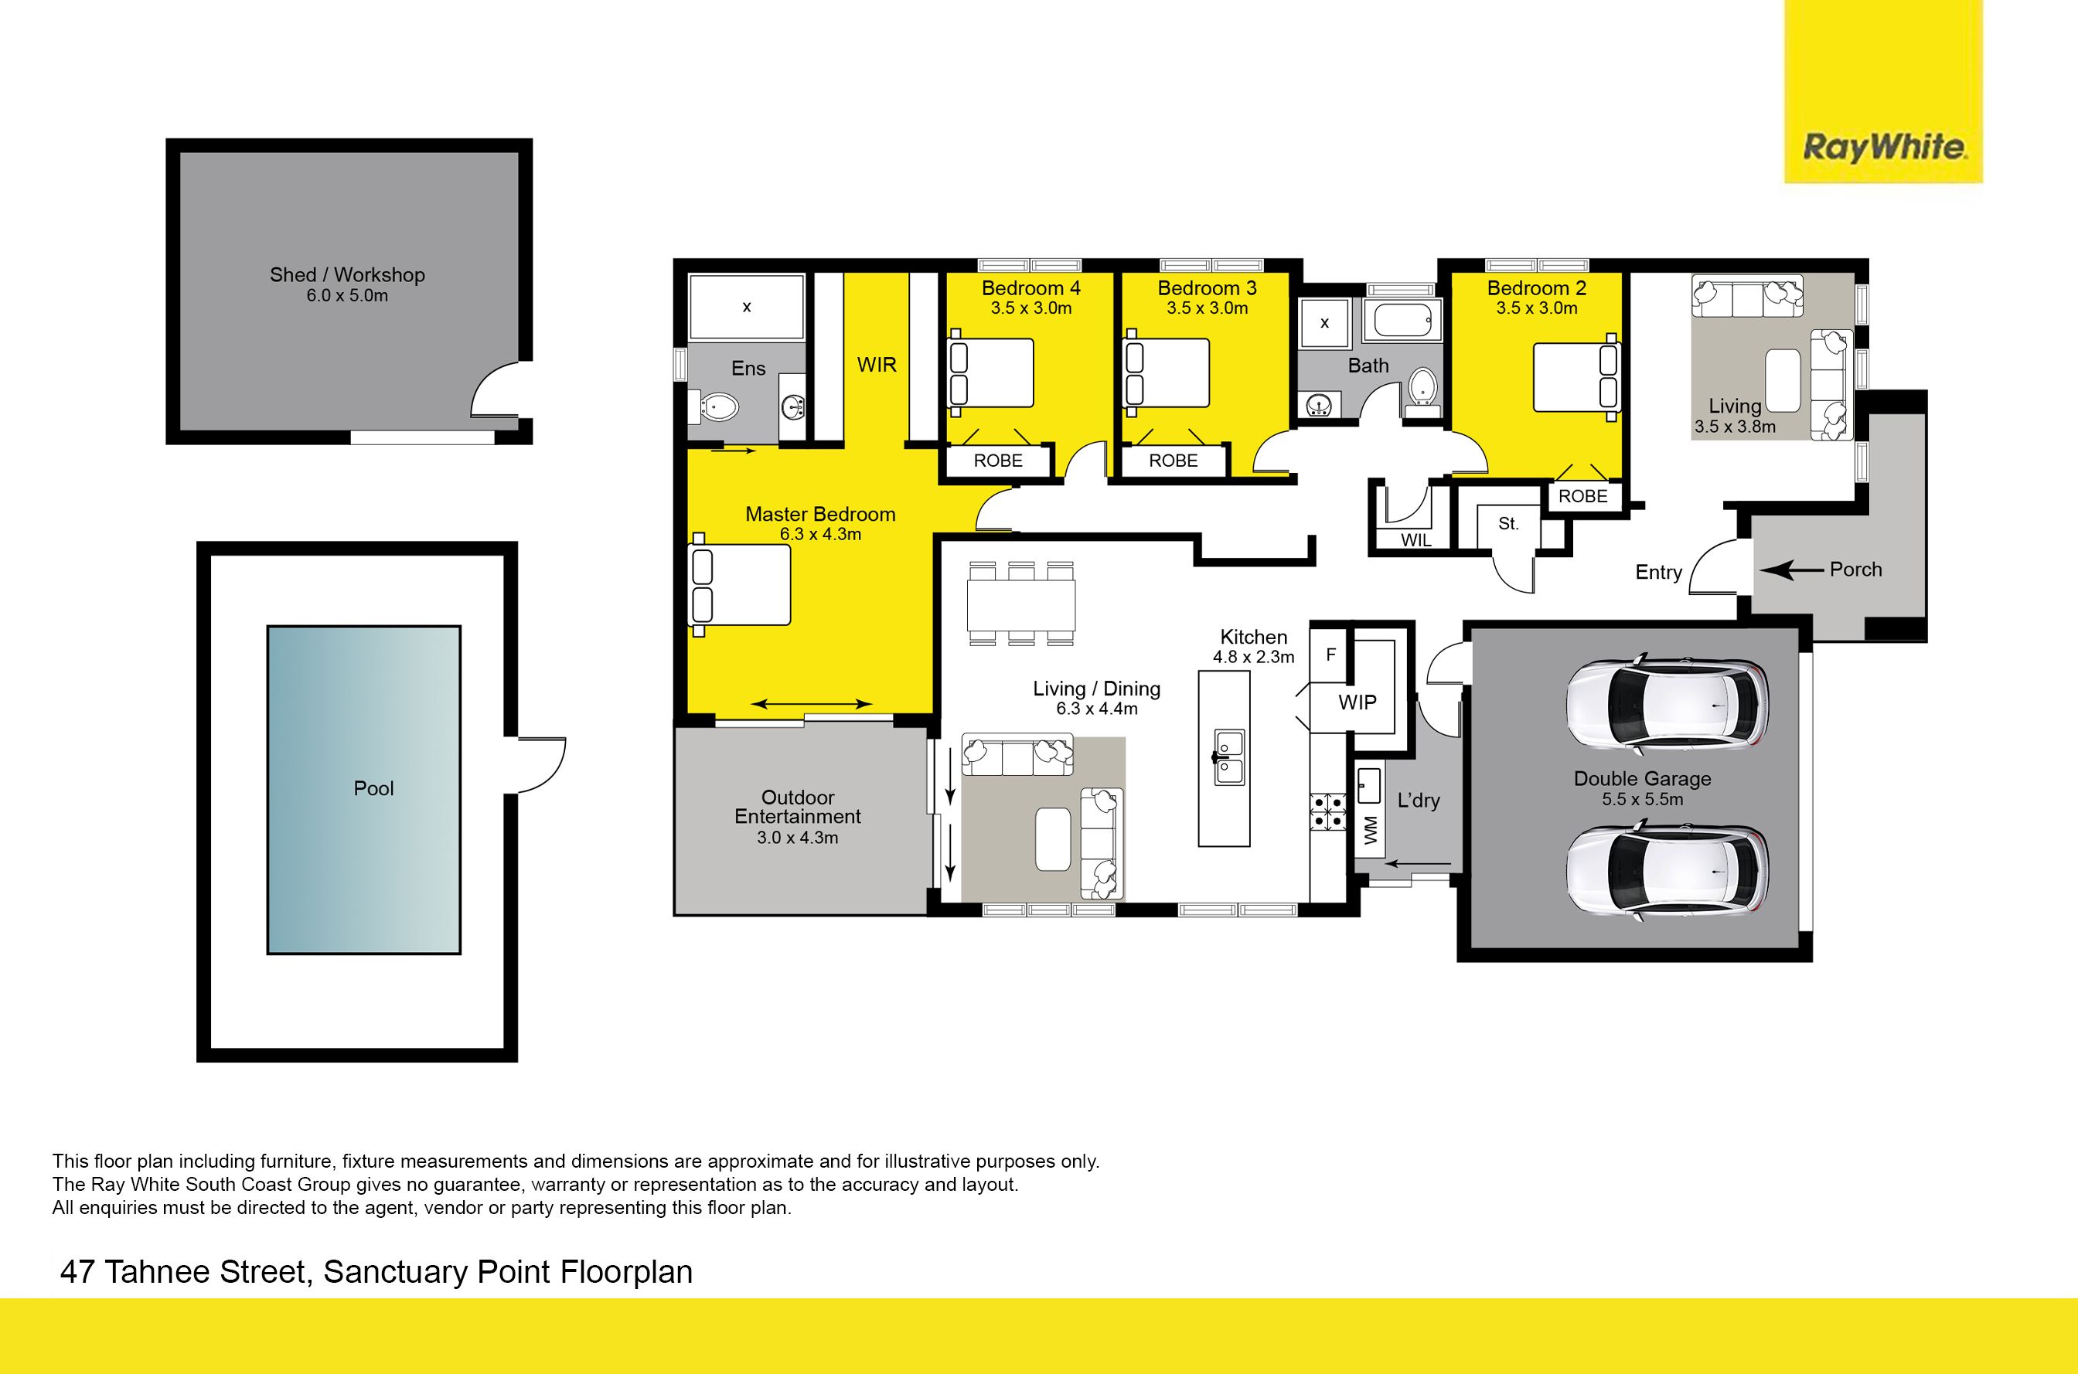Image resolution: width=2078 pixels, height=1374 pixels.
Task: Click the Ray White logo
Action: [1883, 91]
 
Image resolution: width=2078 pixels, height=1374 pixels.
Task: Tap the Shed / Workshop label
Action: [347, 274]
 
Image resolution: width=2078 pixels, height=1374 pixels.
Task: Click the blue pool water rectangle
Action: [363, 790]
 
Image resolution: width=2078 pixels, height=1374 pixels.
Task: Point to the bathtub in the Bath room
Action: [1403, 320]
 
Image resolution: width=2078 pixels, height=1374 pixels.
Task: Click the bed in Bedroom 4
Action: [990, 372]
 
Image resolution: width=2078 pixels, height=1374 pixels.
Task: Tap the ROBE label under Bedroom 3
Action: [1173, 461]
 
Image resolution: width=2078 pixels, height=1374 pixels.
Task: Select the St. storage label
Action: [1508, 524]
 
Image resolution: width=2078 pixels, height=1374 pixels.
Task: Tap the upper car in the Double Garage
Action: [1667, 706]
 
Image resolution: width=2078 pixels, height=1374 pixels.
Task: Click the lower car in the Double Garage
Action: [1667, 872]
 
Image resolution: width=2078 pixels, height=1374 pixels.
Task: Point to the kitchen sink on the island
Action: [1228, 757]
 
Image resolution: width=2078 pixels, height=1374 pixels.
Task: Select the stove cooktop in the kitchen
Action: [1328, 811]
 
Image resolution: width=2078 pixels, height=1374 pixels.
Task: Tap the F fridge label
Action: [1330, 655]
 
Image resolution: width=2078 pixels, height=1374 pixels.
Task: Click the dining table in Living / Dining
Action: [1021, 604]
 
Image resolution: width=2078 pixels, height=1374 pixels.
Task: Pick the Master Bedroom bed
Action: [741, 584]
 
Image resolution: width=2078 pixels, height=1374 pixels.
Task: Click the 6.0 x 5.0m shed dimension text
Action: [347, 296]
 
